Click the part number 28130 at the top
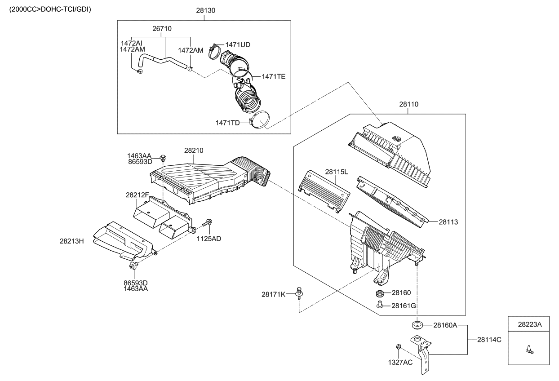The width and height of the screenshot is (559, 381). click(205, 10)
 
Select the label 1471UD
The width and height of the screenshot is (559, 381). click(238, 45)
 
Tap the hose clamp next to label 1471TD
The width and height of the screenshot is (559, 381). click(260, 120)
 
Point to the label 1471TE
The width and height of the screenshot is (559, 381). click(274, 76)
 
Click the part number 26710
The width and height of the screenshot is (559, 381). click(162, 29)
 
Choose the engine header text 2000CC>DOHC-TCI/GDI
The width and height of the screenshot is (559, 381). click(50, 9)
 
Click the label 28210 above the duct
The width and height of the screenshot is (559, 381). click(194, 151)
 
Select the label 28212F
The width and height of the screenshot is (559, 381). click(137, 195)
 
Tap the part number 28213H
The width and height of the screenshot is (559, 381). click(71, 241)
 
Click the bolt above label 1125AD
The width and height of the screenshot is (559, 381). click(208, 222)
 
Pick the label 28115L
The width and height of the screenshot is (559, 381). click(337, 172)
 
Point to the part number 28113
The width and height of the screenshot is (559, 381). click(448, 222)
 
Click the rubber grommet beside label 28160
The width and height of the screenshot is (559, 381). click(380, 293)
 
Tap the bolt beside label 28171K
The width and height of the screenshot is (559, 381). click(299, 293)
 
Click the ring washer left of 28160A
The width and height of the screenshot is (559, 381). click(417, 325)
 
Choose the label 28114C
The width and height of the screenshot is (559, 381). click(489, 340)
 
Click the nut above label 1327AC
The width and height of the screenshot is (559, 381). click(399, 346)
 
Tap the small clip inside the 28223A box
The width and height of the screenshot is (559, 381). click(529, 350)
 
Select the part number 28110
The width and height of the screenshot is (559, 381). click(409, 104)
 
